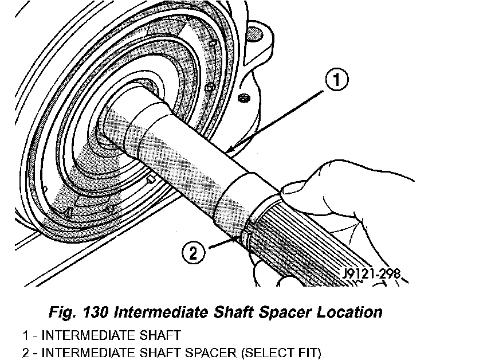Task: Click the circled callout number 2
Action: point(193,251)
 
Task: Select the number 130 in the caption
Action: point(93,313)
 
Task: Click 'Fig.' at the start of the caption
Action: point(60,313)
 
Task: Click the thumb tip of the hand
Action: point(292,189)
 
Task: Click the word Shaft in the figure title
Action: point(228,313)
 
